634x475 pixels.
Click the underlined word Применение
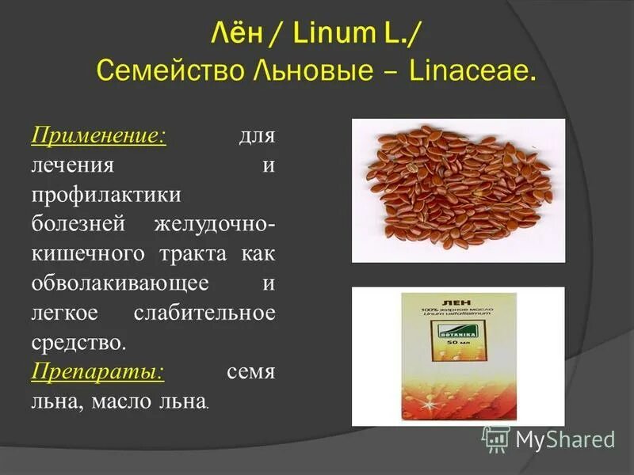(x=98, y=135)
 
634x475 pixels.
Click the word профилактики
(x=107, y=195)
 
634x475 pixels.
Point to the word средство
(x=78, y=343)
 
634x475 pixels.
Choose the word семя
(x=250, y=372)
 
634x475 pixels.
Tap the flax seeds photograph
(x=458, y=190)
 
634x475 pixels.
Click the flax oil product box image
(x=457, y=356)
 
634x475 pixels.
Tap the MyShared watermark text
(x=565, y=440)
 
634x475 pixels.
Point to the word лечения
(x=73, y=165)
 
